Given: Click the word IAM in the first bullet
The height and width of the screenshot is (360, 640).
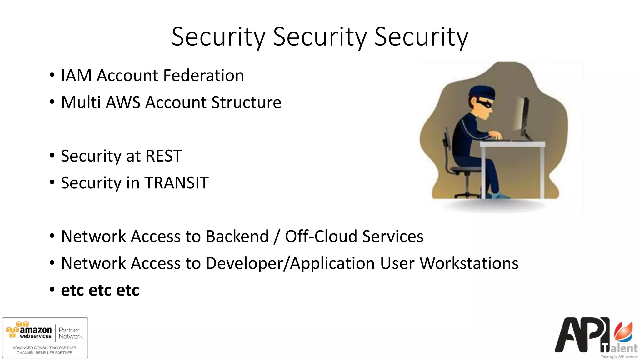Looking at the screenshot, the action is tap(76, 76).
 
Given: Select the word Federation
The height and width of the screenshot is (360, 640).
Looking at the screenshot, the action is tap(203, 76).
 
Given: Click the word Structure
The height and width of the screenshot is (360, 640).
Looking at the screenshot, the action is tap(246, 102).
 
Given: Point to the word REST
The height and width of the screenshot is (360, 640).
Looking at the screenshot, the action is tap(163, 156).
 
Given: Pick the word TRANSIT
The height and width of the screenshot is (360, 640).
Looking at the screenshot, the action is tap(177, 183).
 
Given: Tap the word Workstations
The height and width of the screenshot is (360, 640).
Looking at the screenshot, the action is tap(469, 263).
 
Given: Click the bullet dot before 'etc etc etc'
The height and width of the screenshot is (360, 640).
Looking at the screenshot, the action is tap(52, 289).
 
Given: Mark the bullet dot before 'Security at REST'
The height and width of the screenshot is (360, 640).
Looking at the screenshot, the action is tap(52, 155).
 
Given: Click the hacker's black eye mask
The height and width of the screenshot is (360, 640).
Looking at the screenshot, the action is tap(485, 103).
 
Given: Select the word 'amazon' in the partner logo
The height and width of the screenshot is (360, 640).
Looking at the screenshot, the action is tap(36, 330).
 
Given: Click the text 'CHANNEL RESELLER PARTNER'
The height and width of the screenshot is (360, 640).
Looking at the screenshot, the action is tap(44, 353).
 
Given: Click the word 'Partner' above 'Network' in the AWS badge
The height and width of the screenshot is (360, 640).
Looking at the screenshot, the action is tap(69, 330).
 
